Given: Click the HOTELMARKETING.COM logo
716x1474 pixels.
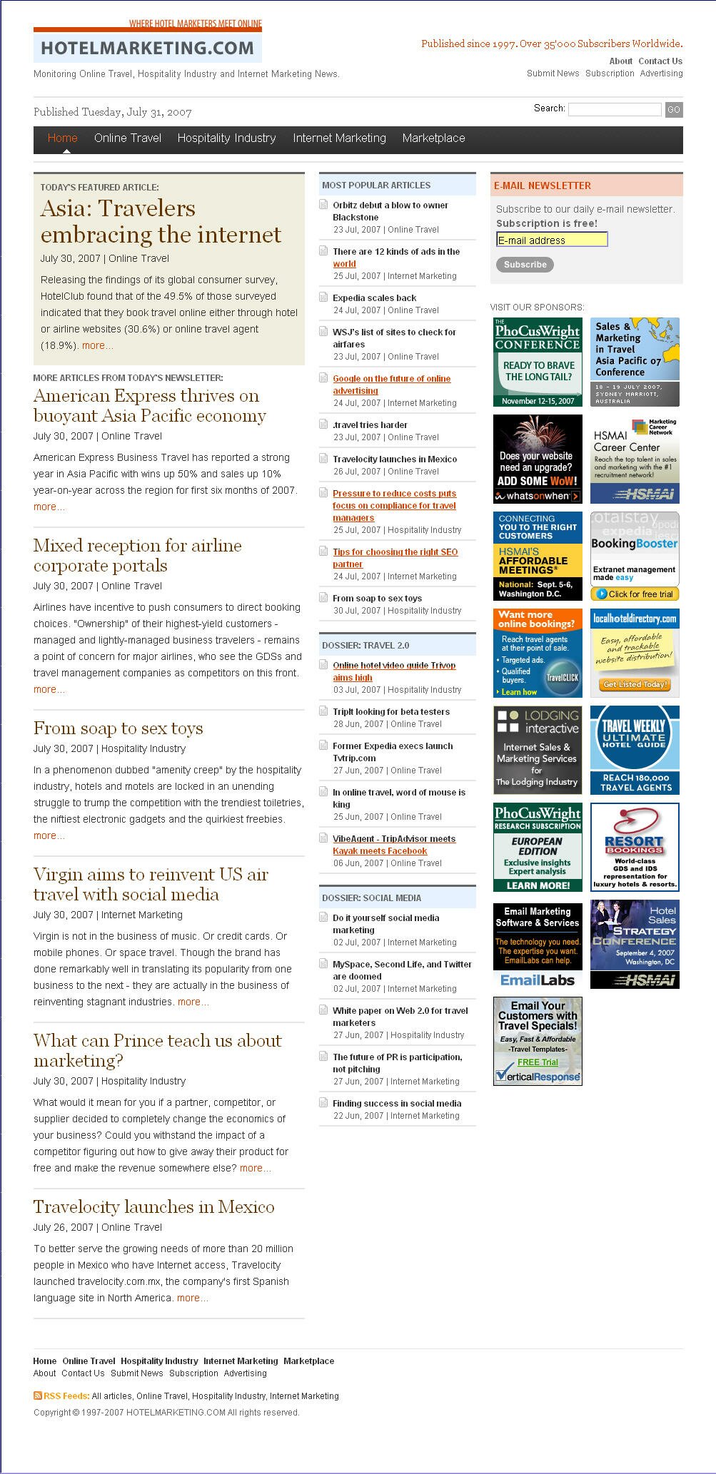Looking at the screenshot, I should click(x=147, y=48).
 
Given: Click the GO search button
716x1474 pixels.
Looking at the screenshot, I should click(x=673, y=109).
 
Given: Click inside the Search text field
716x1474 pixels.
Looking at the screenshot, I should click(x=614, y=109).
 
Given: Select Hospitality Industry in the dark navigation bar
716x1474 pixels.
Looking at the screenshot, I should click(x=226, y=138).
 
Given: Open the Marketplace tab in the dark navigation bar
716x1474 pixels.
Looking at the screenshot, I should click(x=433, y=138).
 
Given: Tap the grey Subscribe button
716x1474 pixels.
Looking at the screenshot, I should click(x=525, y=265).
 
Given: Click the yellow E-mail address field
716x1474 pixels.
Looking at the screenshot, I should click(x=552, y=240).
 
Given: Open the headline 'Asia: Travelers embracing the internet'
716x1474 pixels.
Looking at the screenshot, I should click(x=161, y=221).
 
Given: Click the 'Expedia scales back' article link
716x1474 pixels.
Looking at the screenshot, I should click(x=374, y=298).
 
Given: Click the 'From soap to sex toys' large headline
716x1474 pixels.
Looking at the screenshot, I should click(x=118, y=728).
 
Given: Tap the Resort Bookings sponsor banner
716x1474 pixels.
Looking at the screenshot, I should click(x=635, y=847).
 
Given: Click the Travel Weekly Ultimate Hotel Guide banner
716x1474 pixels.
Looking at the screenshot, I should click(x=635, y=750).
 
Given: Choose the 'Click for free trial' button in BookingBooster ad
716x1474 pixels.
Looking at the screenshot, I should click(x=635, y=594).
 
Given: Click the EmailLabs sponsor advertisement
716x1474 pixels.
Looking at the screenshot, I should click(x=538, y=945).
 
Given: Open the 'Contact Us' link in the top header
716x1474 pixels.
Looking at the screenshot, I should click(x=660, y=61).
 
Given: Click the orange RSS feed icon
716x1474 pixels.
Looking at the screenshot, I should click(x=37, y=1395).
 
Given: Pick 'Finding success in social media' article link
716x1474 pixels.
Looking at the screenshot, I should click(x=397, y=1104).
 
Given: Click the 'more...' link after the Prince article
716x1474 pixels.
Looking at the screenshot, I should click(x=255, y=1168).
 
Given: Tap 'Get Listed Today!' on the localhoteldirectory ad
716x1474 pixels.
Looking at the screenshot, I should click(x=635, y=684).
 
